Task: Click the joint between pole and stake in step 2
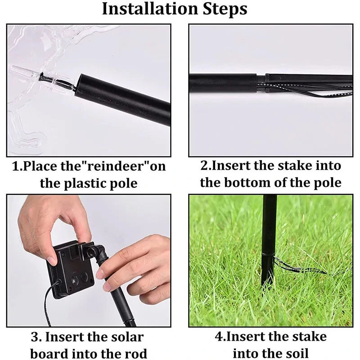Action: tap(261, 83)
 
